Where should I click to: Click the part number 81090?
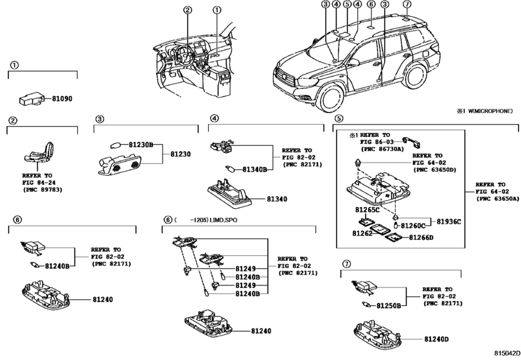pyautogui.click(x=62, y=99)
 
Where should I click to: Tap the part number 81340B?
pyautogui.click(x=254, y=170)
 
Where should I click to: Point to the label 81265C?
pyautogui.click(x=367, y=210)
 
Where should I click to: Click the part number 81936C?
pyautogui.click(x=448, y=222)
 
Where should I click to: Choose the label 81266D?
pyautogui.click(x=421, y=238)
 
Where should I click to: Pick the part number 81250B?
pyautogui.click(x=389, y=305)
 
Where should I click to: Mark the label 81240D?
pyautogui.click(x=436, y=339)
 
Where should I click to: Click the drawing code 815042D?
pyautogui.click(x=507, y=353)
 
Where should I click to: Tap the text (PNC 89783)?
pyautogui.click(x=42, y=190)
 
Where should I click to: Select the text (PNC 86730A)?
pyautogui.click(x=382, y=149)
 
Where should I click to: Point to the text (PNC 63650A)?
pyautogui.click(x=497, y=199)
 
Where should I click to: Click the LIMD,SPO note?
pyautogui.click(x=224, y=220)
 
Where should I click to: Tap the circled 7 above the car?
pyautogui.click(x=407, y=4)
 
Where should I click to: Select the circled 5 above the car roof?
pyautogui.click(x=347, y=4)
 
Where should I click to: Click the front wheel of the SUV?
pyautogui.click(x=330, y=98)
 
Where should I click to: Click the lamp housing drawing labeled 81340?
pyautogui.click(x=229, y=194)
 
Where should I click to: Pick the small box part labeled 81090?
pyautogui.click(x=31, y=98)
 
